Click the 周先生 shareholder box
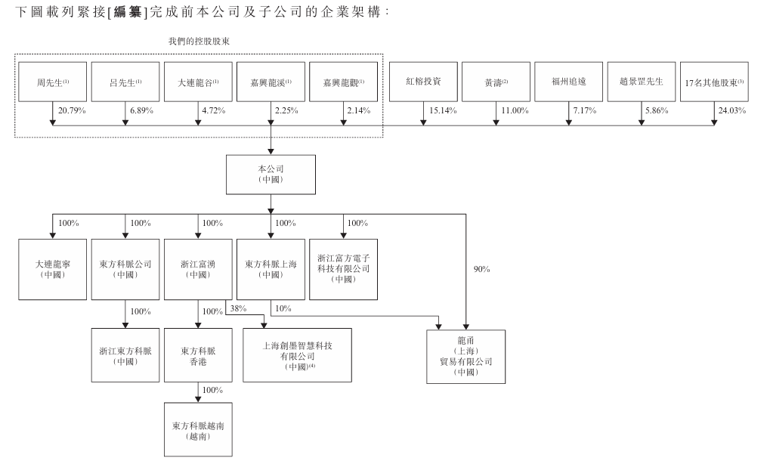click(53, 81)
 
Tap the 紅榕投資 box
click(422, 81)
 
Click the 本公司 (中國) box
click(271, 175)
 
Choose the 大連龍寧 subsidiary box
click(53, 270)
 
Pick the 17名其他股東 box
click(714, 81)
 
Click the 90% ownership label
click(482, 269)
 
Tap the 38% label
click(239, 309)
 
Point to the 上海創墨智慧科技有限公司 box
click(297, 354)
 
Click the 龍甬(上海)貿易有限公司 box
click(465, 357)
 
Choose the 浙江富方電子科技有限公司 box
click(343, 269)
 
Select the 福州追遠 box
click(568, 81)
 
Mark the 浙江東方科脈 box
click(125, 354)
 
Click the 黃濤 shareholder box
click(495, 81)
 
